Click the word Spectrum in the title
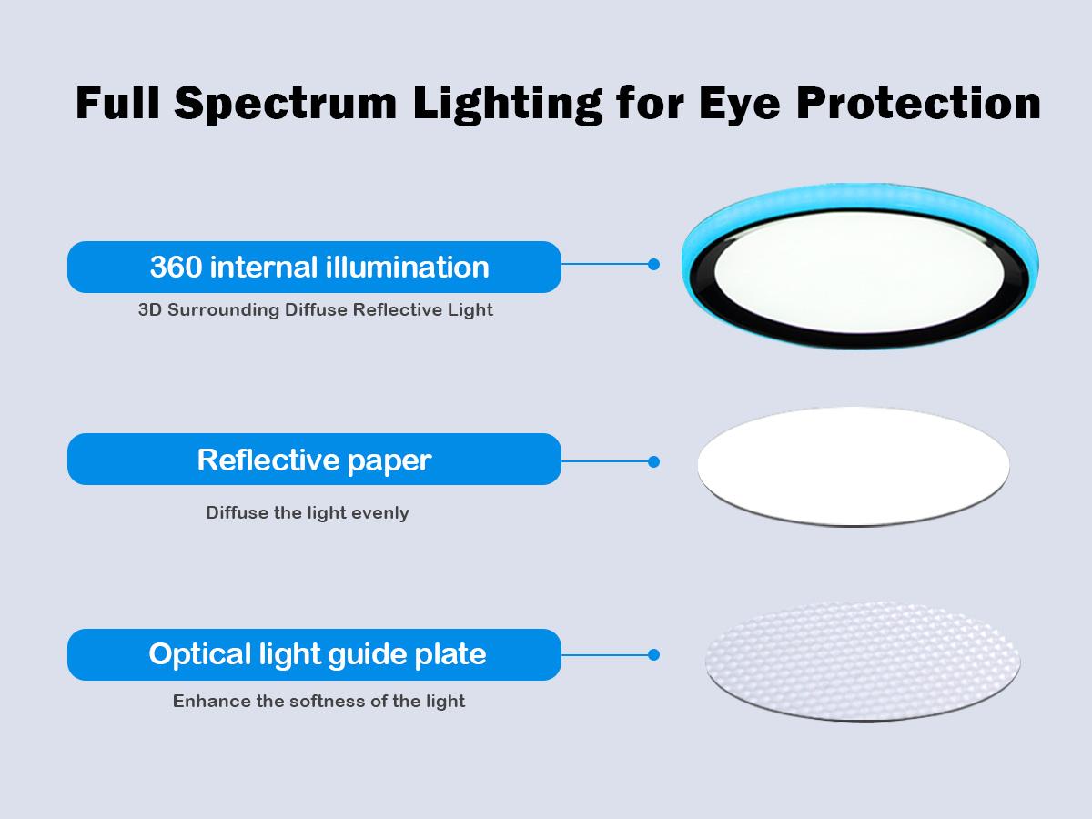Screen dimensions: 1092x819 (286, 104)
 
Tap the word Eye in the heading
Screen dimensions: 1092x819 (739, 104)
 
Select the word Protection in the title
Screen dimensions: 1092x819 (918, 104)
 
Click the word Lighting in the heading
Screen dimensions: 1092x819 (508, 105)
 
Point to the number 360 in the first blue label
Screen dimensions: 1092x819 (177, 267)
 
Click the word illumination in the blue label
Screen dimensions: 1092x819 (408, 267)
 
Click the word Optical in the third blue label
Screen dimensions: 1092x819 (199, 655)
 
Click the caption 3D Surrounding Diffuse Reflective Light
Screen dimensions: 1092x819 (316, 309)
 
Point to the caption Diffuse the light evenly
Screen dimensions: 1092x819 (308, 512)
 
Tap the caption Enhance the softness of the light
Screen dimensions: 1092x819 (318, 701)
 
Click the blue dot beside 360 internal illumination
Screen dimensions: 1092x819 (653, 265)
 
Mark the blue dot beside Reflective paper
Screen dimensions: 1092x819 (653, 462)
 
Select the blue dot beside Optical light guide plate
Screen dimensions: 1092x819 (653, 655)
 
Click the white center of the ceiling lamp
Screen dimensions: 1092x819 (859, 272)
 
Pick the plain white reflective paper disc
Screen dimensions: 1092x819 (854, 467)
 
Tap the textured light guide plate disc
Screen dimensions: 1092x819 (863, 661)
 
